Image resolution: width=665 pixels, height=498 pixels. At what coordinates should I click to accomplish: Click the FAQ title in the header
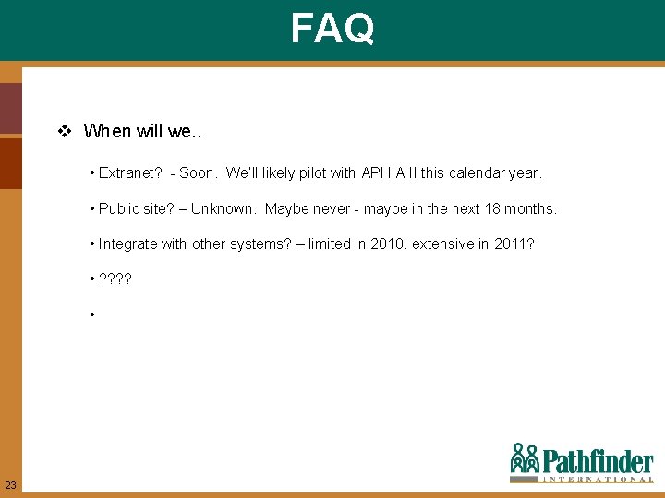332,28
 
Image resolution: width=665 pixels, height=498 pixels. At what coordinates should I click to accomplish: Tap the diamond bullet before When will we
65,131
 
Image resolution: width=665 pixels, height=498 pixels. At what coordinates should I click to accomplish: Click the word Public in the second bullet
119,208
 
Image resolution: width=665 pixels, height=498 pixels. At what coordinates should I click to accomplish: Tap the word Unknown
224,208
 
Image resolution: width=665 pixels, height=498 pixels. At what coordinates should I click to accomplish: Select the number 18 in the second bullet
492,208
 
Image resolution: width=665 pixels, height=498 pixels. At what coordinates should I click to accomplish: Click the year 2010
376,243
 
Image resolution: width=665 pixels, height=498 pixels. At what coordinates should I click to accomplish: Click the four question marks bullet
115,279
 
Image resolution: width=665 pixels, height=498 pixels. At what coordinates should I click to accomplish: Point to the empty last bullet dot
93,315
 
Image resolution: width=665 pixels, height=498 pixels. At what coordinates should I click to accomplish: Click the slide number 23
10,485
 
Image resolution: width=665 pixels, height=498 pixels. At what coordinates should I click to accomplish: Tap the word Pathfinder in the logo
597,461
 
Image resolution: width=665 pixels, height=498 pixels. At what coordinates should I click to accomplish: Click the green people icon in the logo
525,458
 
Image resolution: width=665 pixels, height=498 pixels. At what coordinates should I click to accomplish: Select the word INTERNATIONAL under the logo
597,480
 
